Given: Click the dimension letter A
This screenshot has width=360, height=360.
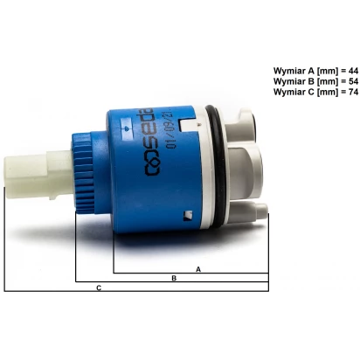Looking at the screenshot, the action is pyautogui.click(x=198, y=269).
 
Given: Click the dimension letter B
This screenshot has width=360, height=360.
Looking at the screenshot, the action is pyautogui.click(x=174, y=278).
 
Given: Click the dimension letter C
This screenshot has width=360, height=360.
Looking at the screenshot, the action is pyautogui.click(x=99, y=288).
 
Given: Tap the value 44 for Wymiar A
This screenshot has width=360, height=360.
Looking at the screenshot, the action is pyautogui.click(x=353, y=71).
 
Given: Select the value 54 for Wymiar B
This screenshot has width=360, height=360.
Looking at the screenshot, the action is pyautogui.click(x=353, y=81).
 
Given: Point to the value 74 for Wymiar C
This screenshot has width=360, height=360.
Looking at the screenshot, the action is pyautogui.click(x=353, y=92).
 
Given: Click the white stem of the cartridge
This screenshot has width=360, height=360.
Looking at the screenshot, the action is pyautogui.click(x=38, y=175).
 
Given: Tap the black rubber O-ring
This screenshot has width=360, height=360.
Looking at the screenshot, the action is pyautogui.click(x=217, y=166).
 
